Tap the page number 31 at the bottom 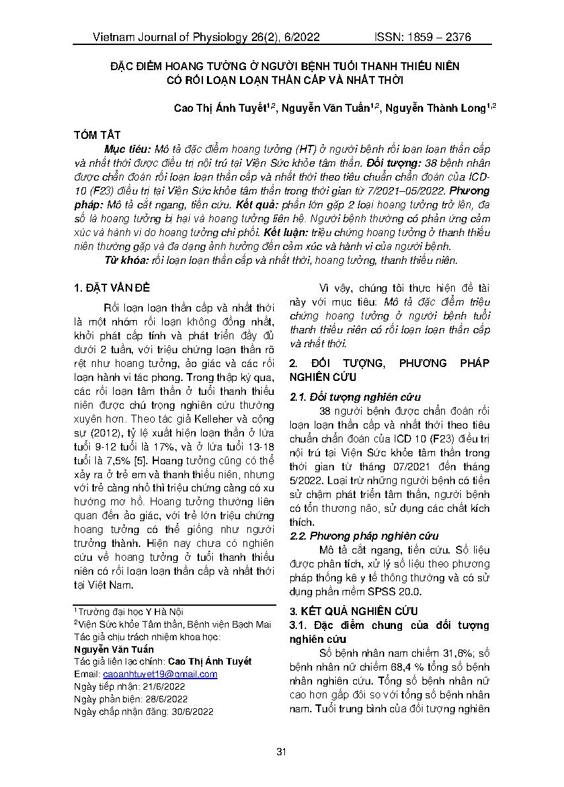click(282, 751)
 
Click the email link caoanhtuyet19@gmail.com click(160, 674)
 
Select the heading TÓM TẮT click(97, 135)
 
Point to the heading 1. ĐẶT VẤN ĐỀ click(112, 288)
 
